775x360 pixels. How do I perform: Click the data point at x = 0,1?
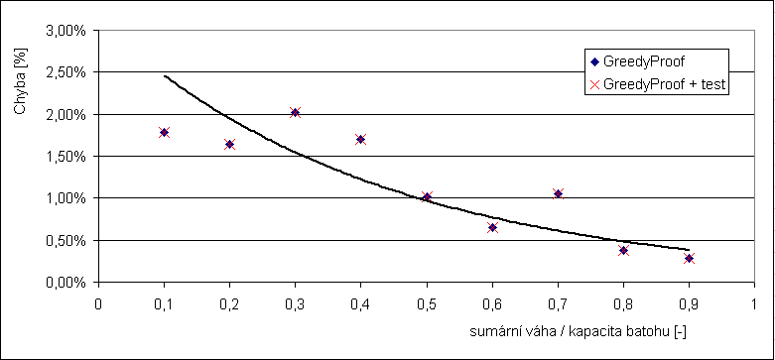coord(164,132)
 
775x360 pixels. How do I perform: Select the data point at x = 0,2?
coord(229,144)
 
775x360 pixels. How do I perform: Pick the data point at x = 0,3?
coord(295,112)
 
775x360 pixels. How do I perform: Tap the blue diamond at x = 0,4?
coord(360,139)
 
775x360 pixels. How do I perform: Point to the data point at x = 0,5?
coord(427,196)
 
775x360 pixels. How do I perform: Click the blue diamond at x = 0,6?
coord(492,227)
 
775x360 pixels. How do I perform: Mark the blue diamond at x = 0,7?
coord(558,193)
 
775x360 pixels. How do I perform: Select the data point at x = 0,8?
coord(623,250)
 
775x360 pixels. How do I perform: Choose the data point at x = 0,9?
coord(689,258)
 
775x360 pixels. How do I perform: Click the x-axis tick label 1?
coord(754,301)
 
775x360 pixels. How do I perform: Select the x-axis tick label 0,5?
coord(427,301)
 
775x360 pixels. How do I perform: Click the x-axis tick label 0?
coord(98,301)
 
